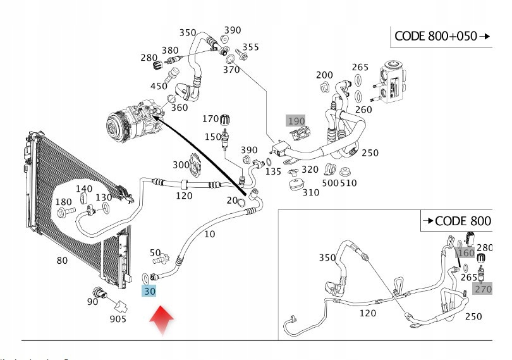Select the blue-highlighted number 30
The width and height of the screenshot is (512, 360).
149,291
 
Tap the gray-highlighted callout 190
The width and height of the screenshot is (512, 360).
296,121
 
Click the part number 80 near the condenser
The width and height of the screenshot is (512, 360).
62,259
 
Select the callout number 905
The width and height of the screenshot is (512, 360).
118,318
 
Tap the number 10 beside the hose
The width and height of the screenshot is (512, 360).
210,233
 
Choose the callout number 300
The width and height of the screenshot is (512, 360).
181,164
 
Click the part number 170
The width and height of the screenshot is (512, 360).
210,118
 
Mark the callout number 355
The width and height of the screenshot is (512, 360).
250,47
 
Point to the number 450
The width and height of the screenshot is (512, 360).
159,86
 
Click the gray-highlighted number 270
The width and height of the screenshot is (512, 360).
483,289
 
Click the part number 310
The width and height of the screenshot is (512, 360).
310,192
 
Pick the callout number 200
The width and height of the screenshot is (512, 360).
324,75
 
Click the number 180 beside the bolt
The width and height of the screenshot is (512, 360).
64,202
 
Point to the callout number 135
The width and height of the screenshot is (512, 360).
273,171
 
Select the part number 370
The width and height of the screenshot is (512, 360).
231,70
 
